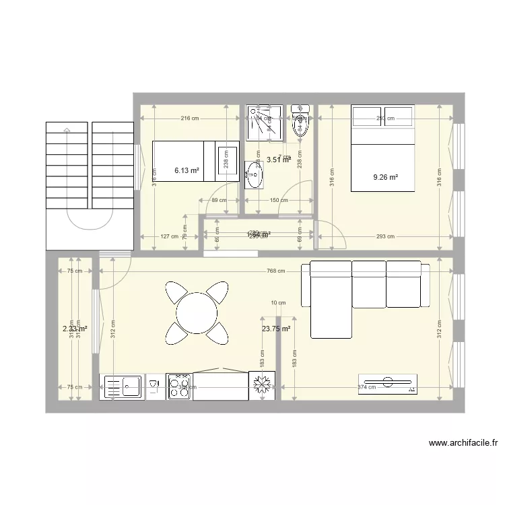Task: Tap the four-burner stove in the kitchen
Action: (x=179, y=386)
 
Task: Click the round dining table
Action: (x=197, y=312)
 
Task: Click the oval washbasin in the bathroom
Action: (x=254, y=176)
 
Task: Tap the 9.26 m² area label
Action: (x=385, y=178)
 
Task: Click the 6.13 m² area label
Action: (x=187, y=170)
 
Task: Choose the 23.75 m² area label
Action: (x=276, y=329)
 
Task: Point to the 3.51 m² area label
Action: (x=278, y=160)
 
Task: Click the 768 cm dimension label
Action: (x=275, y=271)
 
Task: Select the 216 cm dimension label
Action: (x=189, y=119)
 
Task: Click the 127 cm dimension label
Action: (x=169, y=236)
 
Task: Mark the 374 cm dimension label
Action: (x=367, y=387)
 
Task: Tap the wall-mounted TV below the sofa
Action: (x=387, y=383)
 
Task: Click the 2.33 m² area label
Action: (x=75, y=329)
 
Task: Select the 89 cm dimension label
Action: (x=219, y=200)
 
